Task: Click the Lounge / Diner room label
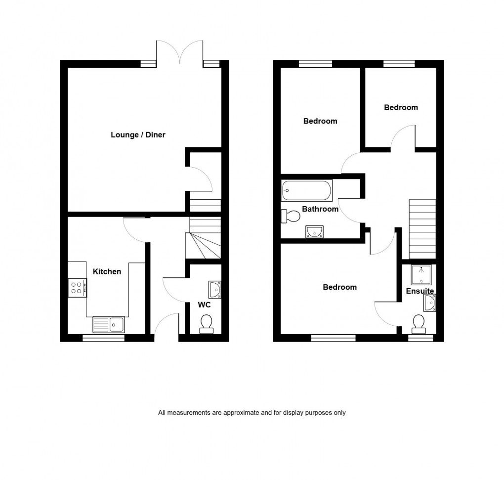[x=138, y=135]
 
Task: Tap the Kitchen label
[x=107, y=271]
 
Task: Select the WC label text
[x=204, y=305]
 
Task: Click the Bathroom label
[x=320, y=209]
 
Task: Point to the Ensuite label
[x=420, y=291]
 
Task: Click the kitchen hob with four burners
[x=78, y=287]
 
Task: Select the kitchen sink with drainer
[x=109, y=325]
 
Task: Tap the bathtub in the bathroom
[x=306, y=190]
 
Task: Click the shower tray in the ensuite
[x=421, y=275]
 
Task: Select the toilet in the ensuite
[x=418, y=323]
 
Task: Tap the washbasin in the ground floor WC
[x=215, y=289]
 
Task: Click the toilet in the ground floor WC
[x=206, y=324]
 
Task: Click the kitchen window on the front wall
[x=103, y=338]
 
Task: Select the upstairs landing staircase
[x=422, y=228]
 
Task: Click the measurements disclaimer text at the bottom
[x=252, y=413]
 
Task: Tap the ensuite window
[x=420, y=338]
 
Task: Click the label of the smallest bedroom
[x=401, y=107]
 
